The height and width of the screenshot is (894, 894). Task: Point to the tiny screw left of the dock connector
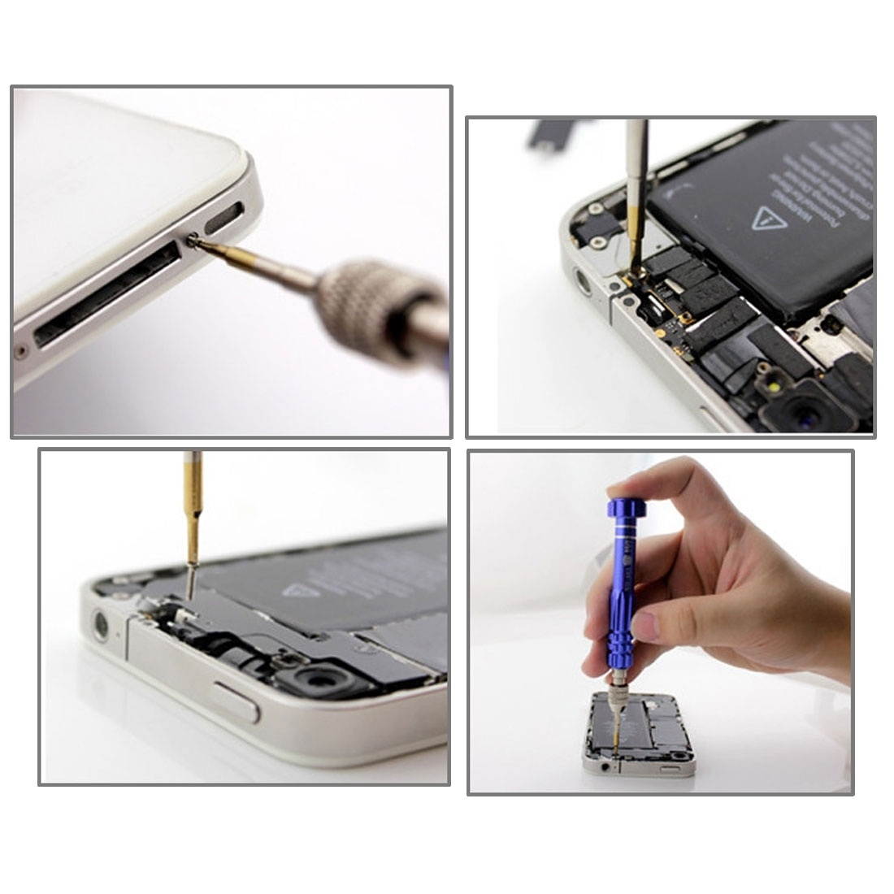20,352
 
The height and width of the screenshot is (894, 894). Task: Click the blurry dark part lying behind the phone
561,137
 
